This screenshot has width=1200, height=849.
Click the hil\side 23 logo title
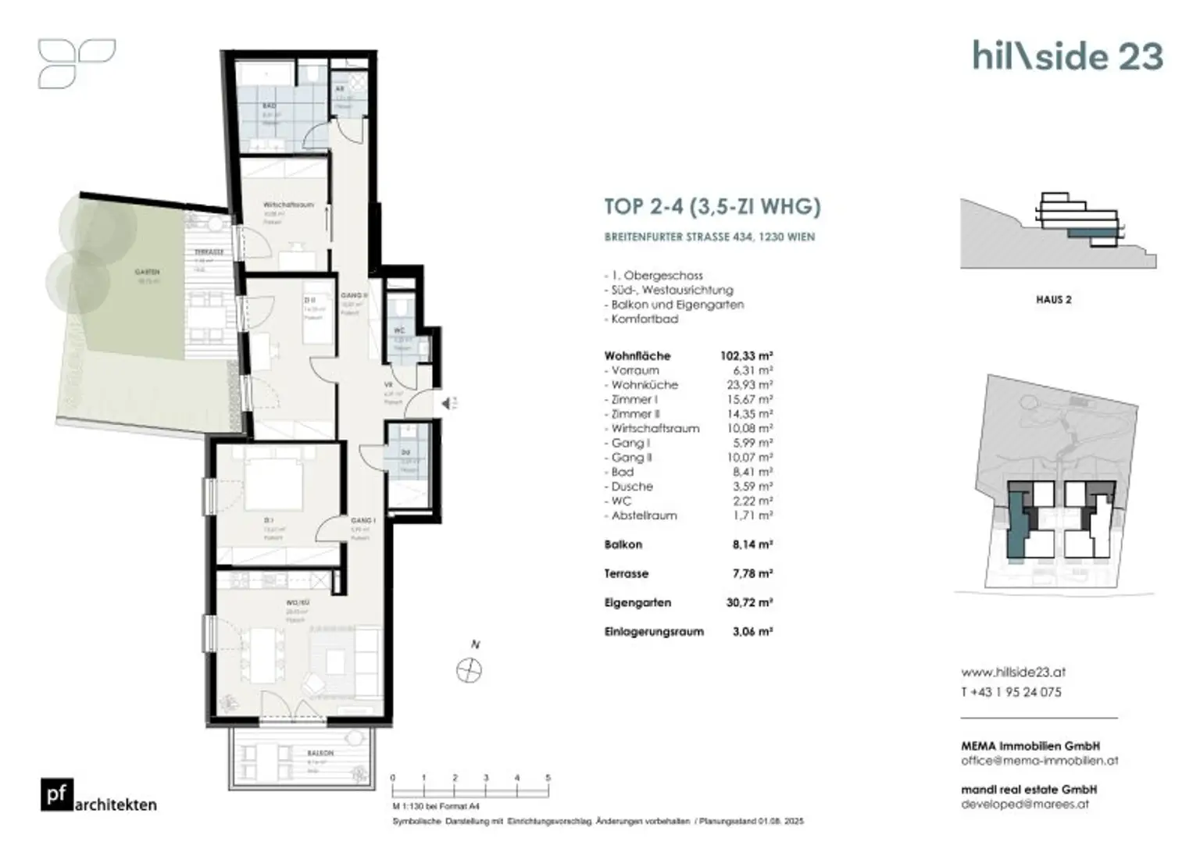(1067, 56)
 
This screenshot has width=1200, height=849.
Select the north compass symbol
(469, 670)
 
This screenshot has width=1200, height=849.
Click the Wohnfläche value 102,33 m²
(746, 356)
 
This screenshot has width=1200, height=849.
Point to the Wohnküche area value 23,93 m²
(749, 385)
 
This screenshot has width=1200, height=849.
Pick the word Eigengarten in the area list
(637, 603)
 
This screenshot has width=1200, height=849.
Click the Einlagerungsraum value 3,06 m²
(752, 632)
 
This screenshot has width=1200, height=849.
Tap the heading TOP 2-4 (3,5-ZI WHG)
(712, 207)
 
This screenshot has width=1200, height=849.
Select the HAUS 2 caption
(1053, 300)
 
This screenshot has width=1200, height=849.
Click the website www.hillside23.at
(1013, 672)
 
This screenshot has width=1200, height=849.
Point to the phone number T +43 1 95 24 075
(1011, 692)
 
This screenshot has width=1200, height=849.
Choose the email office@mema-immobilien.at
(1039, 761)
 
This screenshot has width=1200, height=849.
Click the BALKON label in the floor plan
(320, 753)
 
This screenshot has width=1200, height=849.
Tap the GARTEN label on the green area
(147, 273)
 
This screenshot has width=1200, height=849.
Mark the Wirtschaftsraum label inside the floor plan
(288, 205)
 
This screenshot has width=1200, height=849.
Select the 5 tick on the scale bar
(548, 779)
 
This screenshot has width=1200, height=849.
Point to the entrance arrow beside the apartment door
(447, 404)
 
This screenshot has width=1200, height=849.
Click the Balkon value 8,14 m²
(752, 545)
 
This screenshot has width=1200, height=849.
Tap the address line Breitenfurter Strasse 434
(709, 237)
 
